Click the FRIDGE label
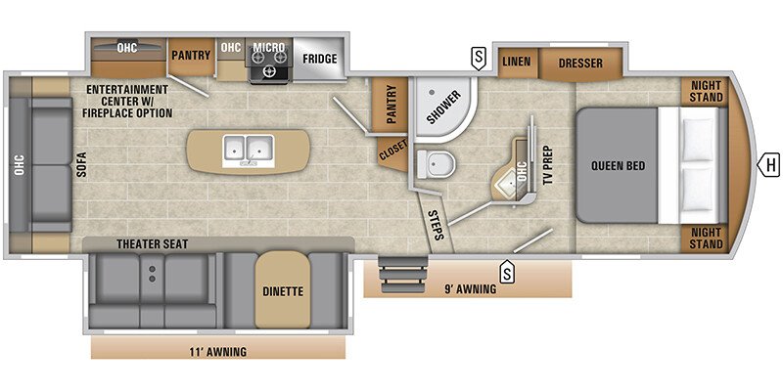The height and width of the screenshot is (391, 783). click(x=320, y=59)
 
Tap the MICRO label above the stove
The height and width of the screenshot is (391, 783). click(x=268, y=47)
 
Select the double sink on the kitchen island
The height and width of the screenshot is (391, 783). click(x=249, y=151)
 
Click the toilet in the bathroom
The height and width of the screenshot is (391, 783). click(x=436, y=163)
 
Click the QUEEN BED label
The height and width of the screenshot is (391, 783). click(x=619, y=165)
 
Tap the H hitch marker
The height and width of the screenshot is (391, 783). click(x=769, y=165)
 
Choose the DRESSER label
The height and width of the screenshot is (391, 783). click(x=580, y=64)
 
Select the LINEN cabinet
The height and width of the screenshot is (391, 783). click(x=518, y=63)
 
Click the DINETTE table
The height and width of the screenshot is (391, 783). click(x=283, y=289)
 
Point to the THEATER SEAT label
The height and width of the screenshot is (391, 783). click(x=153, y=243)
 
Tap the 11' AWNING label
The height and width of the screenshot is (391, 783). click(x=217, y=352)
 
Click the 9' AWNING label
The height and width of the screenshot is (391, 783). click(x=471, y=288)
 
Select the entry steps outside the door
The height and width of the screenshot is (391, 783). click(x=403, y=275)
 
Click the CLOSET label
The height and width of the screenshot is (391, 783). click(x=393, y=151)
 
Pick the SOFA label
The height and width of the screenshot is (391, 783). click(x=82, y=164)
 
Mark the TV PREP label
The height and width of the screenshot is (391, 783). click(x=549, y=165)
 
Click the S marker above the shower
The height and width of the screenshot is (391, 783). click(x=479, y=59)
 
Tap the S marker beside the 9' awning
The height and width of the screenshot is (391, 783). click(x=508, y=272)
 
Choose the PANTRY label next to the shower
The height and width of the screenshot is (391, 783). click(x=391, y=104)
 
